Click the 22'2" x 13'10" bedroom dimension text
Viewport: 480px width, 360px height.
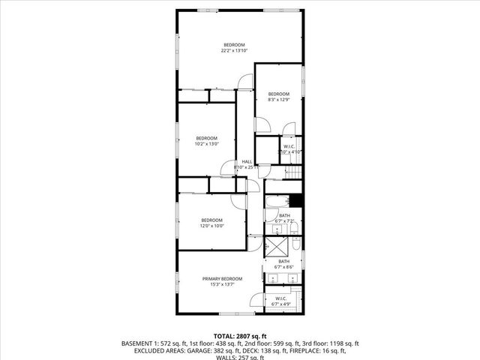click(x=234, y=51)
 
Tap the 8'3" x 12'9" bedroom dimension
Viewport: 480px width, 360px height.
click(x=278, y=99)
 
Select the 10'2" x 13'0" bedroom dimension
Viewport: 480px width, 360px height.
click(x=207, y=143)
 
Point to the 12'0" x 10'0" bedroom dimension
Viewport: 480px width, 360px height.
click(x=211, y=225)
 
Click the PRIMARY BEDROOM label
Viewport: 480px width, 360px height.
click(x=222, y=278)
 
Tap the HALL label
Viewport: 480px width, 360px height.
click(x=247, y=162)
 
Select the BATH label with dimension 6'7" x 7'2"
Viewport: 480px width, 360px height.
click(x=284, y=216)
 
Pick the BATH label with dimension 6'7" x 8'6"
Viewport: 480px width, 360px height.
click(x=284, y=261)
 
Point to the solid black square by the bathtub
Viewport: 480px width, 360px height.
click(x=296, y=200)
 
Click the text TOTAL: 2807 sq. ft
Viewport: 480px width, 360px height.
click(x=240, y=336)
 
